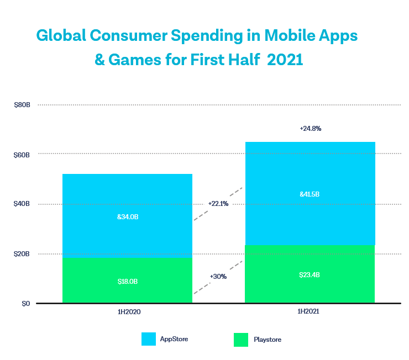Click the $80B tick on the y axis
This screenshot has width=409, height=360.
point(22,105)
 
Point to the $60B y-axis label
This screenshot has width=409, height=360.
point(22,155)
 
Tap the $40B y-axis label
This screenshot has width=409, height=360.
point(22,204)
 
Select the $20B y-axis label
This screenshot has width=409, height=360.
point(22,254)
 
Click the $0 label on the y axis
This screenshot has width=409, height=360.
point(26,304)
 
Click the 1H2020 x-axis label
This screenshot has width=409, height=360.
point(127,312)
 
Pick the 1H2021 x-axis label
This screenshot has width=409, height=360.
point(310,312)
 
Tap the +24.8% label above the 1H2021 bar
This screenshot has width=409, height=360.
point(310,128)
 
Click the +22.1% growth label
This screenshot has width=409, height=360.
point(218,203)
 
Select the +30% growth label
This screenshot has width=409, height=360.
point(218,276)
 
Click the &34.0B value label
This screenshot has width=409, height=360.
point(127,217)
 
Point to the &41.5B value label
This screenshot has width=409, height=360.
point(310,194)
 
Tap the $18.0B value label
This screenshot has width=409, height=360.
point(127,282)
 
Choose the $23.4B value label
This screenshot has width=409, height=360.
point(310,274)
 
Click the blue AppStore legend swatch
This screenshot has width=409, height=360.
point(149,339)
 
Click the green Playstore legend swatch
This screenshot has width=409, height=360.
point(241,339)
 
